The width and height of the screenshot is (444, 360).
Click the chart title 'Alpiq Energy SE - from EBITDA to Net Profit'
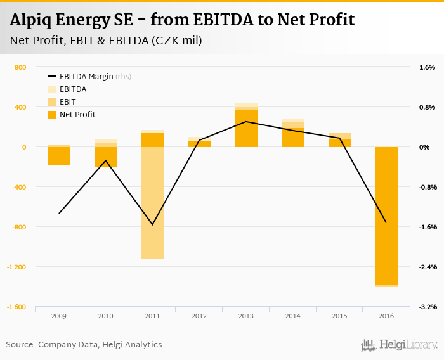click(x=182, y=20)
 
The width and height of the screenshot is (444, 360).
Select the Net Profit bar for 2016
click(x=386, y=215)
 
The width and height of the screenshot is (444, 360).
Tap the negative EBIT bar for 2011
click(x=153, y=203)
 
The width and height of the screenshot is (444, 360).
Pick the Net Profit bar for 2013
click(x=246, y=129)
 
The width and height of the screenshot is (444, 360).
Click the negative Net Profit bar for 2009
click(x=59, y=156)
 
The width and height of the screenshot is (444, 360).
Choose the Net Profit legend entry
click(x=77, y=115)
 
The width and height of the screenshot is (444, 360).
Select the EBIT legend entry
click(x=69, y=102)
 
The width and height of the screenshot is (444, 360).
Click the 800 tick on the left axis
click(x=20, y=67)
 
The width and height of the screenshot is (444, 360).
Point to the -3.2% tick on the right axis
click(x=427, y=307)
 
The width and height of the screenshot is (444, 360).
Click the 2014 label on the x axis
click(x=292, y=316)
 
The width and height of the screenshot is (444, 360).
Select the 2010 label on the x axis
click(x=105, y=316)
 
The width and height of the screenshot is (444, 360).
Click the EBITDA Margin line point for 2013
click(x=246, y=122)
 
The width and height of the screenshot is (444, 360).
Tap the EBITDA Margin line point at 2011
click(x=153, y=224)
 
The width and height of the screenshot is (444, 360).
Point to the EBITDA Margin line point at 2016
click(x=386, y=222)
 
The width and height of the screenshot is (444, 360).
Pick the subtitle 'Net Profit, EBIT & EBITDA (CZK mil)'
click(x=107, y=41)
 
